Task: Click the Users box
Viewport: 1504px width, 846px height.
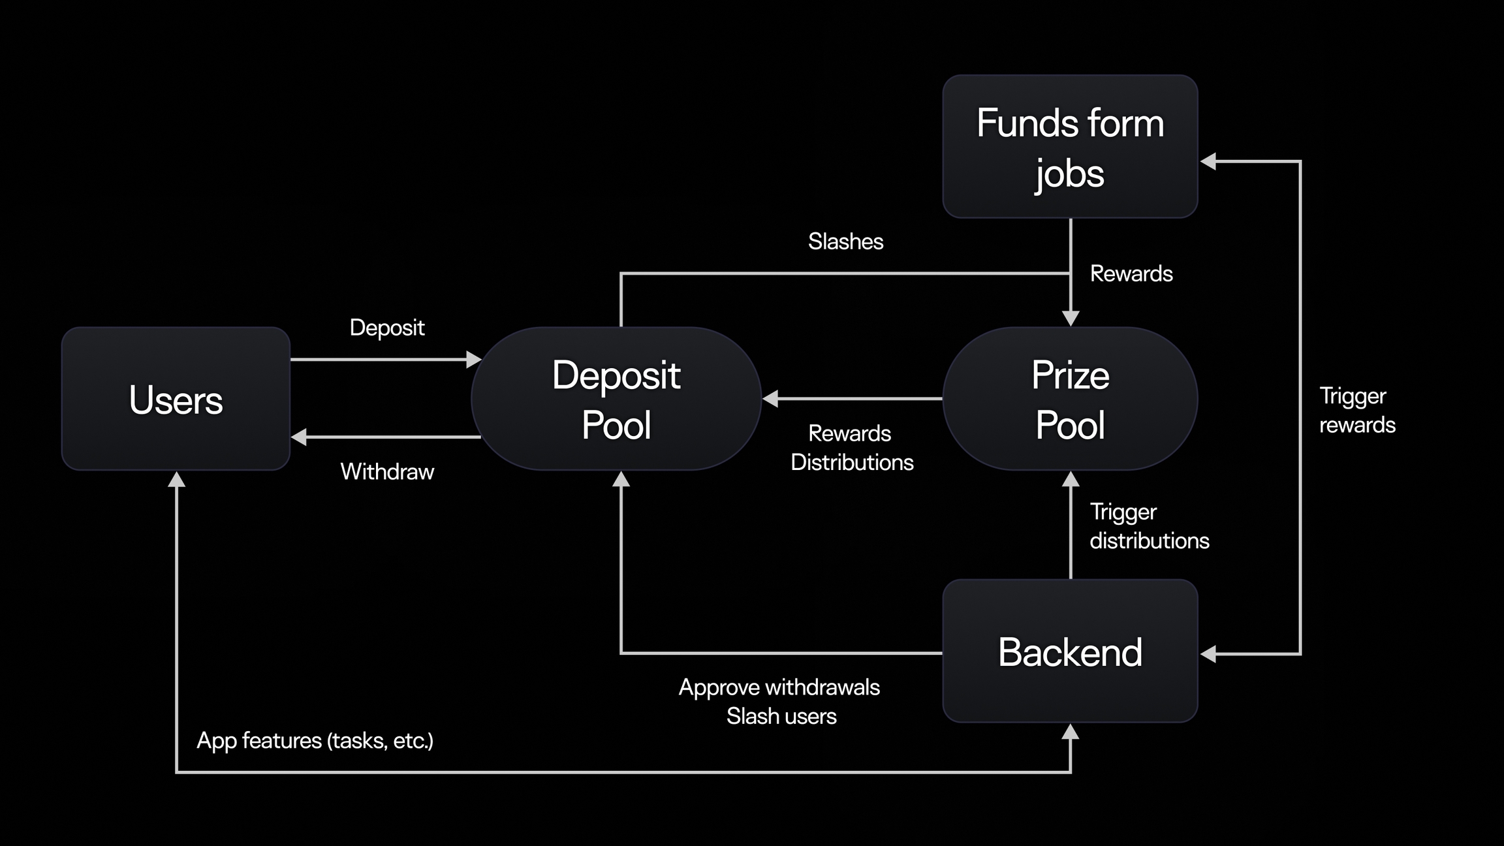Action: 176,399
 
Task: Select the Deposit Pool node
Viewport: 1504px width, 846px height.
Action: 616,399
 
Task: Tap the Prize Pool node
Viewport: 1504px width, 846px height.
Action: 1070,399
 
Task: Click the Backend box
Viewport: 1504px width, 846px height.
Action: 1070,651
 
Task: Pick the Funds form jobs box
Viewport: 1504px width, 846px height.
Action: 1070,147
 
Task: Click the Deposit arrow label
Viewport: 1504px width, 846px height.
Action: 387,327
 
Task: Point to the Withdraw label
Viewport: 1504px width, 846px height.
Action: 387,471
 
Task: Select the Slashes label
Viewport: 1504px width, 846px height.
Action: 845,242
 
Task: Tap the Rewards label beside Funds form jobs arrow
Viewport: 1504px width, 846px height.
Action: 1131,274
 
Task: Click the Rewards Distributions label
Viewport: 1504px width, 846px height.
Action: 851,448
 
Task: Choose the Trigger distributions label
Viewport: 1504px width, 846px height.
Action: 1149,526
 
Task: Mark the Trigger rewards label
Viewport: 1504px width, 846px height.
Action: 1356,411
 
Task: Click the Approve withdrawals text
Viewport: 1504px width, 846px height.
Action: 779,687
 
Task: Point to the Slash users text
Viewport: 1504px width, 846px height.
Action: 781,716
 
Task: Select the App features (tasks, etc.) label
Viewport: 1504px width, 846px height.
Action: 315,741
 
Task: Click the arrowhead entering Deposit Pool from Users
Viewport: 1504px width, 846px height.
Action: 474,360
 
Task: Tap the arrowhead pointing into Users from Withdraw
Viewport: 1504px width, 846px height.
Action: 299,437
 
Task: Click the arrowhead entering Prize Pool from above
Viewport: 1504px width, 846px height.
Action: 1071,319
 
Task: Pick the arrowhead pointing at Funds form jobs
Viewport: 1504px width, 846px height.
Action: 1208,161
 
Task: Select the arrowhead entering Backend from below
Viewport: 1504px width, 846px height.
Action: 1070,732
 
